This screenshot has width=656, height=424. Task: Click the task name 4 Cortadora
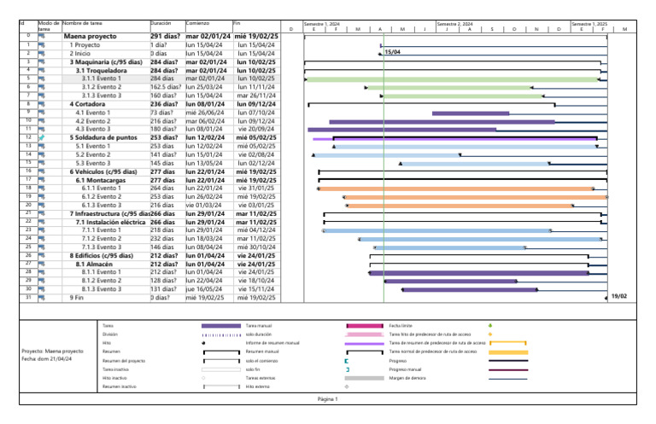coord(90,103)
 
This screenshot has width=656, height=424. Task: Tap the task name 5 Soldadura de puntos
coord(104,136)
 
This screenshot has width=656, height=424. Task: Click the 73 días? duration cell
coord(161,112)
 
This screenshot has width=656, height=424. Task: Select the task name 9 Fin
coord(77,297)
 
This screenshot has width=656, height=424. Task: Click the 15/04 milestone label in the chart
coord(393,53)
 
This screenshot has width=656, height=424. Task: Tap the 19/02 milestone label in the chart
coord(619,296)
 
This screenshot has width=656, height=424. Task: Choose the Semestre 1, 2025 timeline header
coord(588,24)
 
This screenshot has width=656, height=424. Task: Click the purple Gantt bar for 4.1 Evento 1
coord(471,113)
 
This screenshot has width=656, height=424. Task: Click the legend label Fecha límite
coord(401,326)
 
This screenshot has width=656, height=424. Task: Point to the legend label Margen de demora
coord(407,378)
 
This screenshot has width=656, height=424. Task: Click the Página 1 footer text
coord(328,398)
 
